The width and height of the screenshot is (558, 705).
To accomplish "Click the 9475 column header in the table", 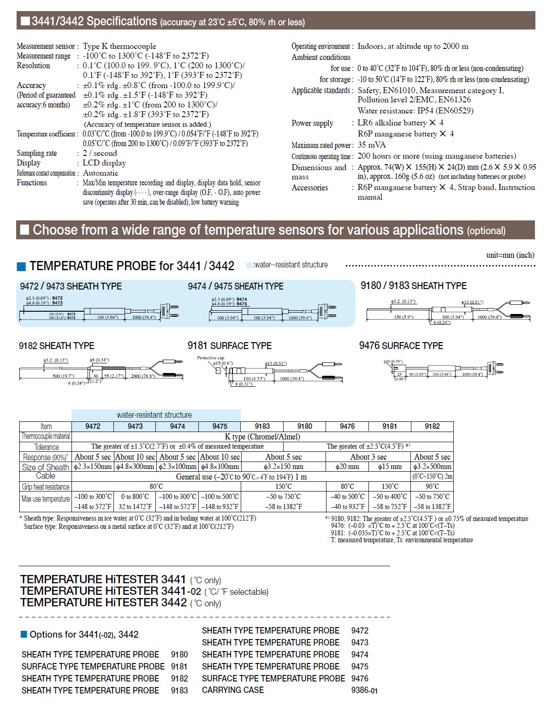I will tap(220, 427).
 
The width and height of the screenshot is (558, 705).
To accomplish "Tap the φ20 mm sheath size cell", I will tap(347, 467).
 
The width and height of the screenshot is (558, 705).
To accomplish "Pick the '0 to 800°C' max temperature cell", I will tap(135, 497).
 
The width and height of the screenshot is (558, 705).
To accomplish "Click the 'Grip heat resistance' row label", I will tap(46, 486).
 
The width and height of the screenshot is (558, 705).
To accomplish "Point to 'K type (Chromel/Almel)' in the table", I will tap(262, 437).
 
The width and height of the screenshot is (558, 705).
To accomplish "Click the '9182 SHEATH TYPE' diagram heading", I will tap(56, 346).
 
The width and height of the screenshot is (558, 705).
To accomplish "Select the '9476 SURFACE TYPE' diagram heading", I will tap(401, 346).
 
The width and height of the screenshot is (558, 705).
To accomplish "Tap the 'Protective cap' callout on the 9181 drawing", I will tap(210, 358).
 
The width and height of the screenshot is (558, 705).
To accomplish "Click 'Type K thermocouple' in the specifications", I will tap(119, 46).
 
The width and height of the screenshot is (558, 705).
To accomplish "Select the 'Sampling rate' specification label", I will tap(37, 153).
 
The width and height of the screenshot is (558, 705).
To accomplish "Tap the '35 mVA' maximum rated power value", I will tap(372, 145).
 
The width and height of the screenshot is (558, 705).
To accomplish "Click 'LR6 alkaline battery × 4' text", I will tap(400, 123).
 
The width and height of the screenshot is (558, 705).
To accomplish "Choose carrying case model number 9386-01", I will tap(364, 691).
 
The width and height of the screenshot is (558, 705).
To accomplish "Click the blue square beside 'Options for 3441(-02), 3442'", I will tap(24, 634).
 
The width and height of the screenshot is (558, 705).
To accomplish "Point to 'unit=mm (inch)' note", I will tap(510, 255).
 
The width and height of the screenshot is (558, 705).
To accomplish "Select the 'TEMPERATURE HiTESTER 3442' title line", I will tap(104, 602).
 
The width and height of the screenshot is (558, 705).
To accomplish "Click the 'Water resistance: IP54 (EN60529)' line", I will tap(415, 111).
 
